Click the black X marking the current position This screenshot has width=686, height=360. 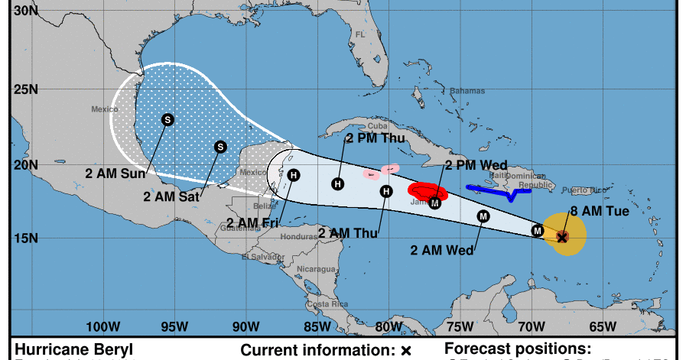tap(562, 238)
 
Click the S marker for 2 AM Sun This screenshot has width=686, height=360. tap(167, 119)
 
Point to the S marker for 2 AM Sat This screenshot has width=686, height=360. tap(220, 147)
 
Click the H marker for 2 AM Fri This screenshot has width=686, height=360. tap(294, 175)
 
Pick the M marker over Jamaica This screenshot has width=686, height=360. tap(435, 203)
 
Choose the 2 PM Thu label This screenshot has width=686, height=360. tap(376, 138)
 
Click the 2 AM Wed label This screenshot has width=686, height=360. tap(442, 249)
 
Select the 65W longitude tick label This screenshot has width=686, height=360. tap(604, 326)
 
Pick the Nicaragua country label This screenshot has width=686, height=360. tap(316, 269)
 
